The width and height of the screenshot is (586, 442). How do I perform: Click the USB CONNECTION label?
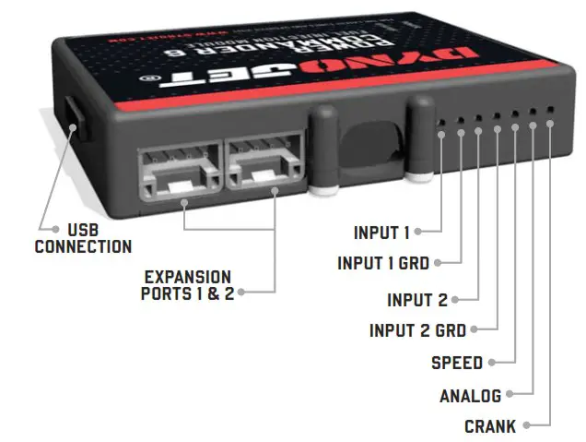(x=83, y=238)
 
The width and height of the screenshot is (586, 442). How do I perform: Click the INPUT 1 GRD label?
(x=383, y=263)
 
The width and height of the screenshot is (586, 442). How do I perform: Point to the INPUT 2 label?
(x=416, y=300)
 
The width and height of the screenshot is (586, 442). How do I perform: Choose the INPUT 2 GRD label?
(x=417, y=330)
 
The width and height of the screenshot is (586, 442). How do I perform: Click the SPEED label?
(x=457, y=363)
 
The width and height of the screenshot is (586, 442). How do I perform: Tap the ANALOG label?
(x=470, y=396)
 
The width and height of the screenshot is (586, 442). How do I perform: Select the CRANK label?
(x=490, y=426)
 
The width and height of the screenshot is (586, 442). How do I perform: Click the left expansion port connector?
(x=178, y=170)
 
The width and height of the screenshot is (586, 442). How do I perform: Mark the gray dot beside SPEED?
(x=492, y=363)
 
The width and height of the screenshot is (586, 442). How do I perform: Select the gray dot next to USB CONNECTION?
(x=43, y=229)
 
